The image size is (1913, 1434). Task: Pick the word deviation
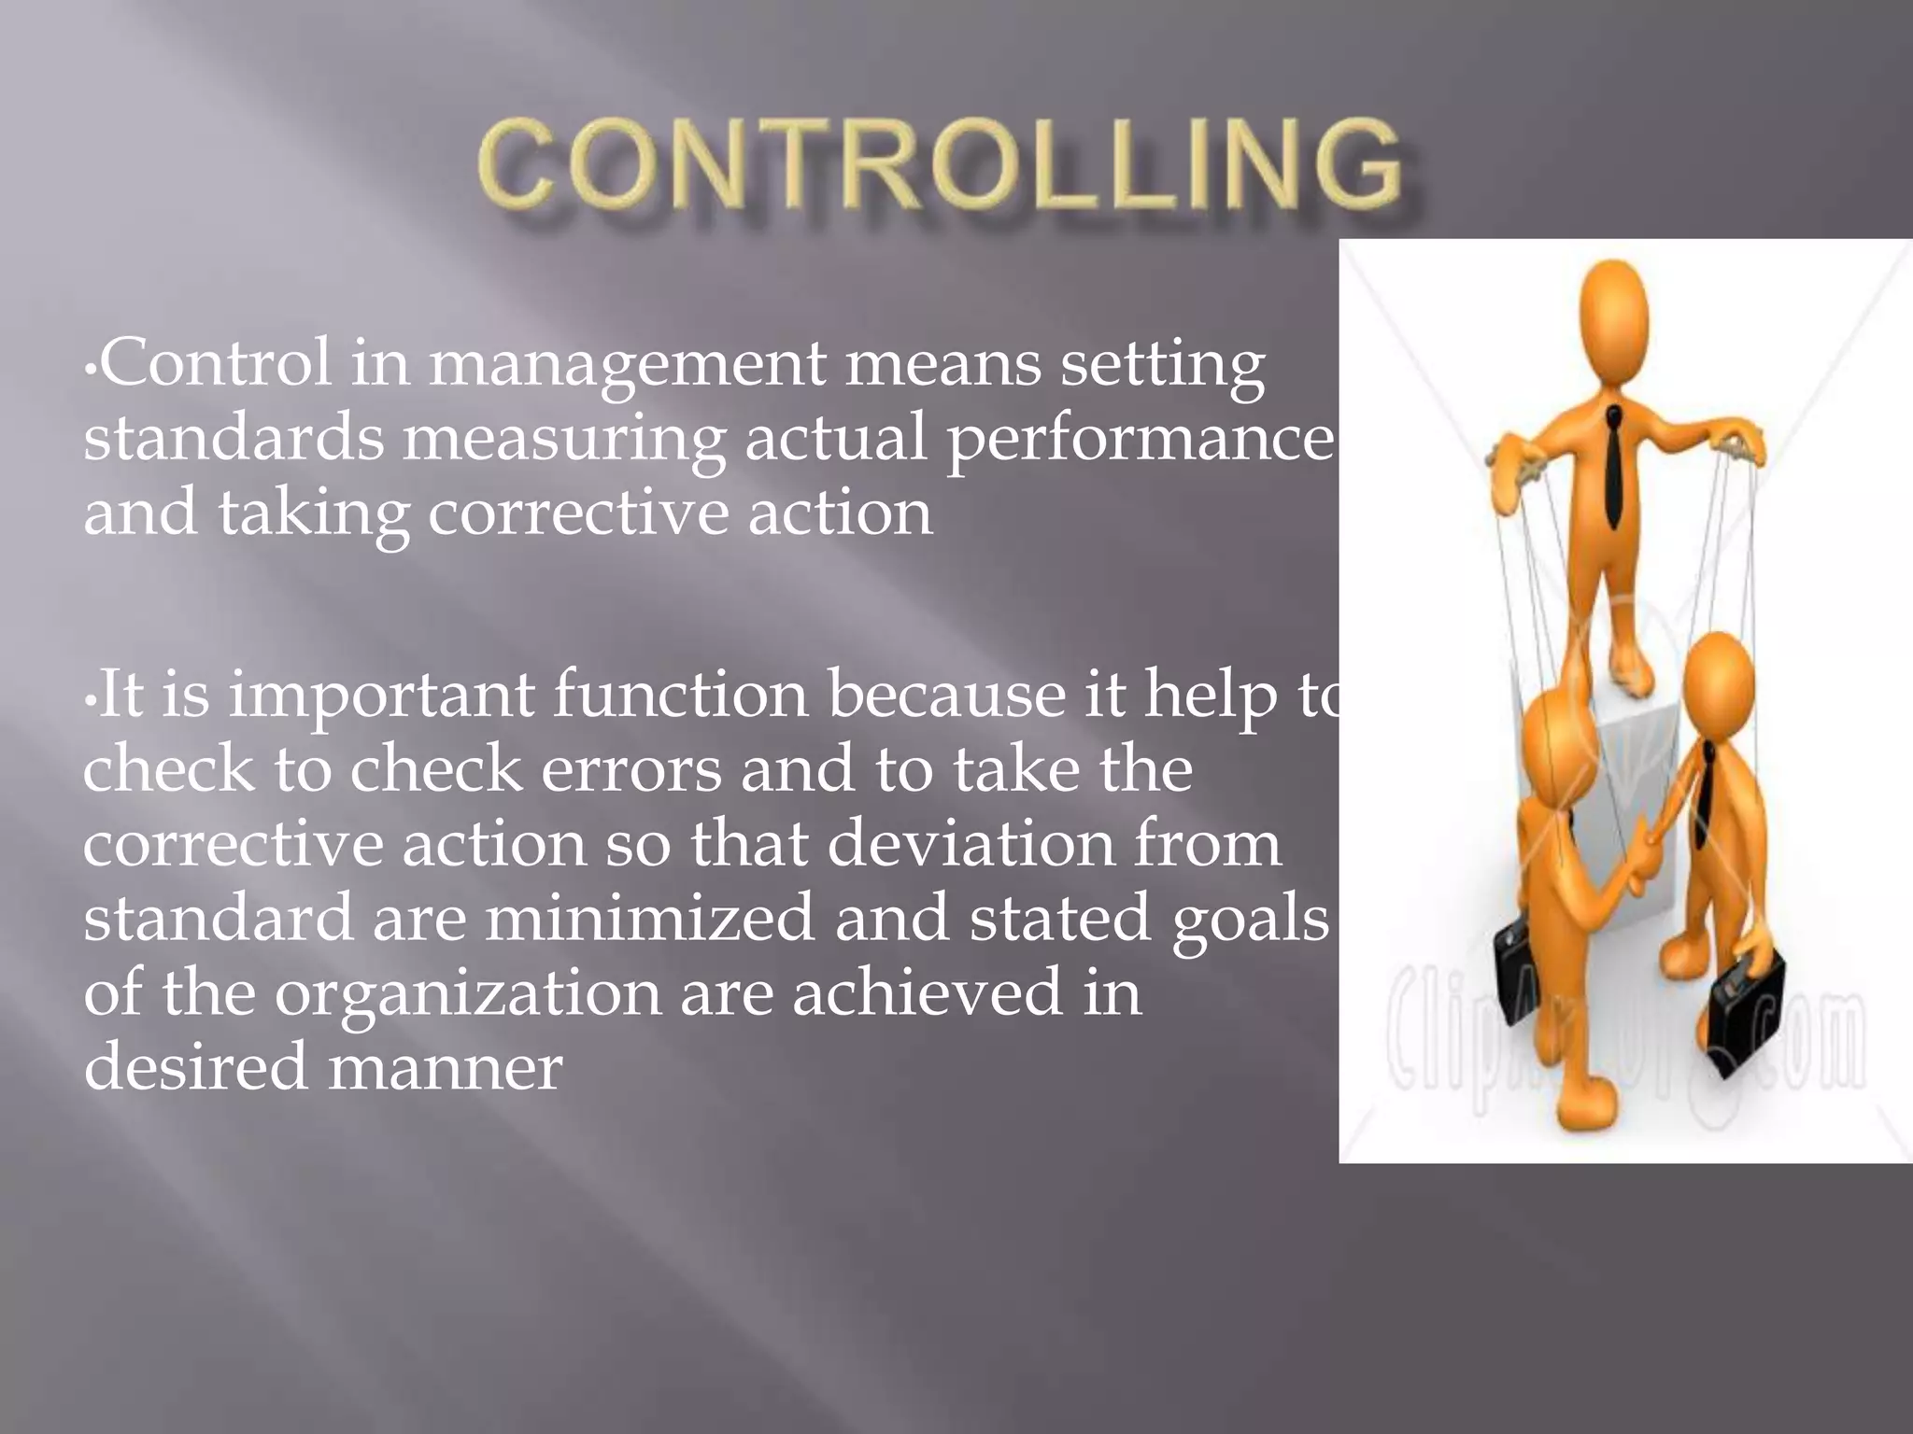click(x=971, y=844)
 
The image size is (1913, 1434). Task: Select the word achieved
click(x=927, y=992)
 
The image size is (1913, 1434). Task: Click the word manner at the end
click(x=446, y=1067)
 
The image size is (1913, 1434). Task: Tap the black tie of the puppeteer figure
click(x=1613, y=467)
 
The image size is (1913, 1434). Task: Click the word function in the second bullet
click(x=681, y=696)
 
